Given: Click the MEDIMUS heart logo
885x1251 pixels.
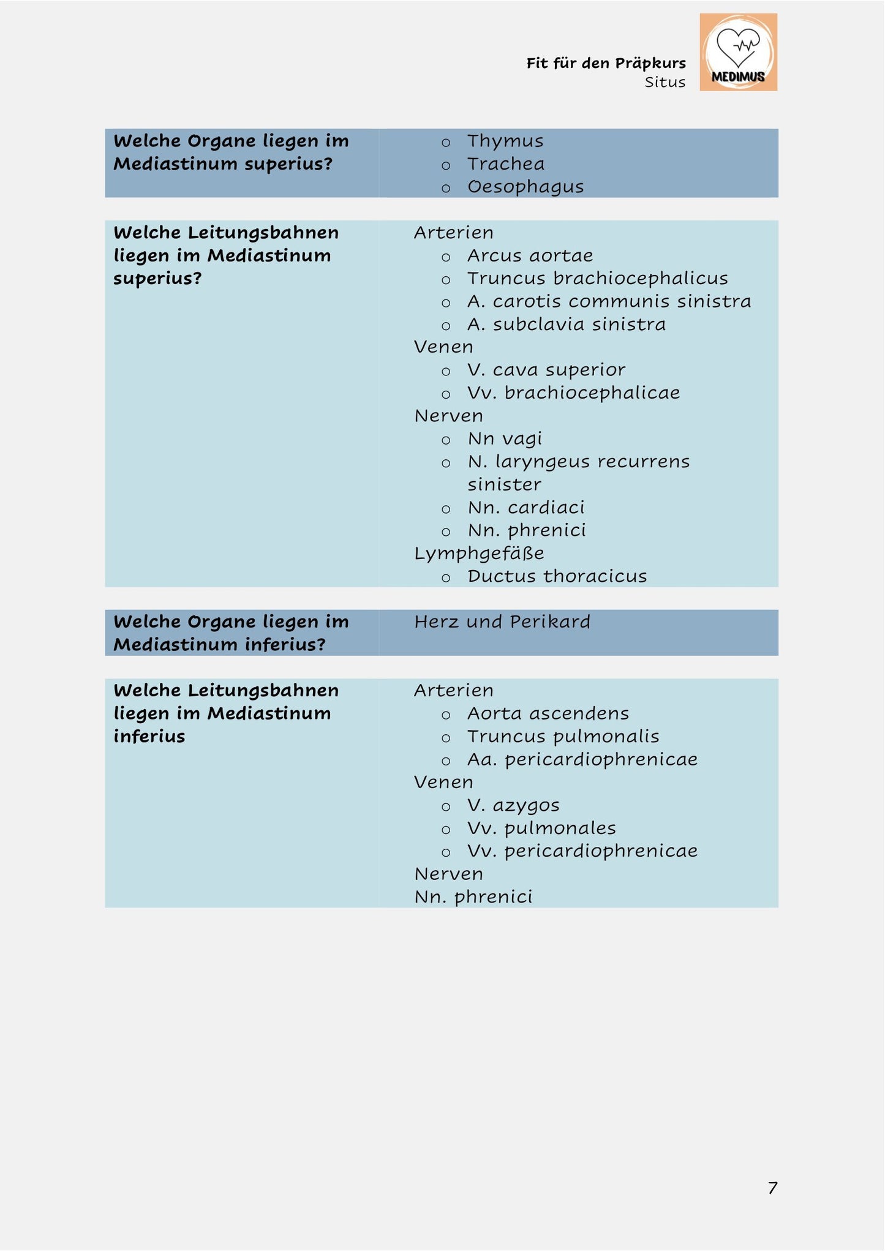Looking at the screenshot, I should pyautogui.click(x=738, y=52).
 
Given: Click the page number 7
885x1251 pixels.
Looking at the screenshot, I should pyautogui.click(x=772, y=1188).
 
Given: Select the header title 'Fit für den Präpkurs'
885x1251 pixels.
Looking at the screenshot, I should pyautogui.click(x=606, y=63).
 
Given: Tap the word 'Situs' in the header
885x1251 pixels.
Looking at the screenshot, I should pyautogui.click(x=665, y=82).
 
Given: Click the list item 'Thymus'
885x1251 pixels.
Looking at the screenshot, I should pyautogui.click(x=505, y=141).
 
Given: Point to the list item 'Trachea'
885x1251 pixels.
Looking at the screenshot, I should pyautogui.click(x=505, y=164).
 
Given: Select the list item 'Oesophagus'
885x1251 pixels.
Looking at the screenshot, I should pyautogui.click(x=525, y=187).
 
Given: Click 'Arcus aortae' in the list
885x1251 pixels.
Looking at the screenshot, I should pyautogui.click(x=530, y=255).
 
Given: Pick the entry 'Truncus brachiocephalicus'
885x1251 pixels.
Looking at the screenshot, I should pyautogui.click(x=597, y=279).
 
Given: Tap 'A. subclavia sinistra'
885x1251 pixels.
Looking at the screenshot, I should pyautogui.click(x=566, y=324).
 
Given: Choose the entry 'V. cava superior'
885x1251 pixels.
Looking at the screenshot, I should pyautogui.click(x=546, y=370).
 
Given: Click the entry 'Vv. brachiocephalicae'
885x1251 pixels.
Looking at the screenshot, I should pyautogui.click(x=573, y=393).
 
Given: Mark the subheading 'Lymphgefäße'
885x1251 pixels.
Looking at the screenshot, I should pyautogui.click(x=479, y=554).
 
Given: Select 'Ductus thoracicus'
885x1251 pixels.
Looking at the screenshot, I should pyautogui.click(x=557, y=576).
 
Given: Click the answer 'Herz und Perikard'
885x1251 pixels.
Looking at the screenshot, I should pyautogui.click(x=502, y=622).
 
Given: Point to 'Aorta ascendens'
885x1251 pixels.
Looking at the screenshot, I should pyautogui.click(x=548, y=713).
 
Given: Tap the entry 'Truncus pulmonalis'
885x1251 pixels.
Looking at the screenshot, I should pyautogui.click(x=563, y=737).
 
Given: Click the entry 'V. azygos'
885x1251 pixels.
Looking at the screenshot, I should pyautogui.click(x=513, y=805).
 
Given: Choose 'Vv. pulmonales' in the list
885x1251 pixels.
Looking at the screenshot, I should pyautogui.click(x=541, y=828).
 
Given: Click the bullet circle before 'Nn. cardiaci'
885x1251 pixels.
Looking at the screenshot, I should pyautogui.click(x=446, y=509).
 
